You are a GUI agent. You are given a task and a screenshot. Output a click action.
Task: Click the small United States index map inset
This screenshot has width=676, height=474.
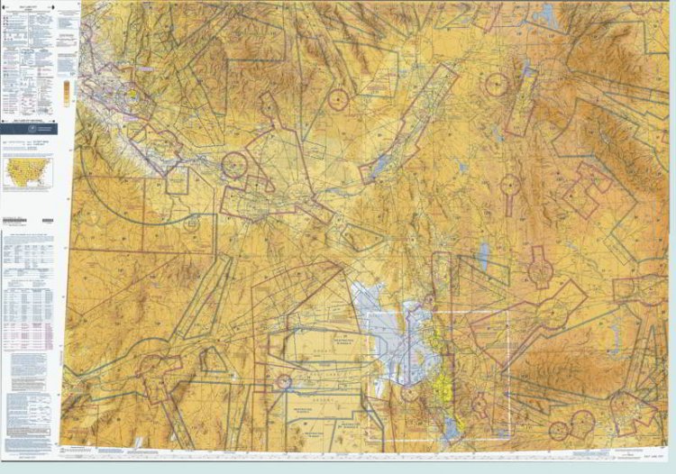tap(27, 171)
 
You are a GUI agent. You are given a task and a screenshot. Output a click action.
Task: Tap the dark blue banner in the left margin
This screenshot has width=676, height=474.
tap(29, 129)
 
